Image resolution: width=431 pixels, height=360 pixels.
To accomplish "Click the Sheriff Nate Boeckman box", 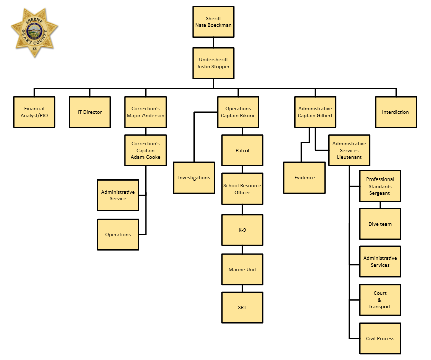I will point(213,22).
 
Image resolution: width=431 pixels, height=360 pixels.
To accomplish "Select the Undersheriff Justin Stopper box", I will point(213,63).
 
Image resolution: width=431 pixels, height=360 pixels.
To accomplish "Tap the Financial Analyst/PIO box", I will point(34,112).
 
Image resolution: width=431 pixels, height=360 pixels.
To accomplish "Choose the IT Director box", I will point(90,112).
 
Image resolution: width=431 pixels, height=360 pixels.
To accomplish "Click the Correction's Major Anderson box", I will point(146,112).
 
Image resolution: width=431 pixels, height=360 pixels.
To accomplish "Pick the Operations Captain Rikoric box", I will point(238,112).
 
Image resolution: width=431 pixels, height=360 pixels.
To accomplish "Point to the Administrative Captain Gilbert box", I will point(315,112).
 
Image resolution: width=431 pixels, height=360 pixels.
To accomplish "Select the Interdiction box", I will point(396,112).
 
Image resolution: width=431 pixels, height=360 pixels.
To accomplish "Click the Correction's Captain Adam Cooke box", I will point(146,150).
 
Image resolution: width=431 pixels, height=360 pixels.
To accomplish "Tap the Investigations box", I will point(194,177).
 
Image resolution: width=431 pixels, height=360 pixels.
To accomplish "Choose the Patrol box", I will point(242,150).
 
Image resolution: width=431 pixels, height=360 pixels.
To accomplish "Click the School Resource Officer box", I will point(242,189).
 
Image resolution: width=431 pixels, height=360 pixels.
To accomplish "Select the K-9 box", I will point(242,230).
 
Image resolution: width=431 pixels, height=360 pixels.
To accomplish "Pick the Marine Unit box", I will point(242,269).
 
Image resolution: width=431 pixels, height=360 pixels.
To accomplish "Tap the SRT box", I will point(242,307).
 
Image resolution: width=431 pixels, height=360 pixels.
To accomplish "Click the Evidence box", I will point(304,177).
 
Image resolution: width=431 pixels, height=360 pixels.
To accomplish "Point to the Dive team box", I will point(380,224).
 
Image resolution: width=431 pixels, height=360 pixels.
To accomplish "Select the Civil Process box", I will point(380,339).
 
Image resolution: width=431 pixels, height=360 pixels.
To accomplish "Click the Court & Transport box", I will point(380,300).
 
